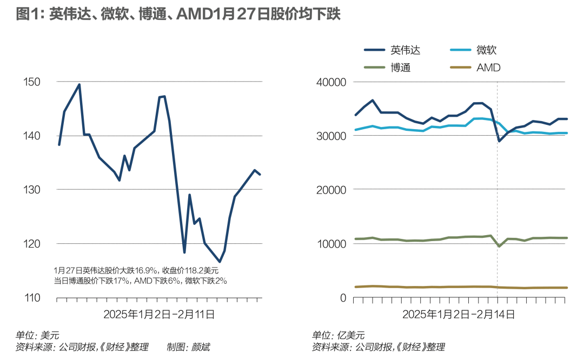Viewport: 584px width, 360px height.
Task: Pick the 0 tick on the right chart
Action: [342, 298]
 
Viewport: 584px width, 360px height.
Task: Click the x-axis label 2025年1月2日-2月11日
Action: [159, 314]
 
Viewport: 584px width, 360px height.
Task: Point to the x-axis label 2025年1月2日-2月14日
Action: [458, 314]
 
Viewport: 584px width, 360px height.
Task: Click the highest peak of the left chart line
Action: [79, 84]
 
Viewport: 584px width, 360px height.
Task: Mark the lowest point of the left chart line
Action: [220, 262]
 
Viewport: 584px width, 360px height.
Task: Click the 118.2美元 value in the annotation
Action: [200, 270]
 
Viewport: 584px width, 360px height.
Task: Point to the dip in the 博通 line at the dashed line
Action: [499, 246]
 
